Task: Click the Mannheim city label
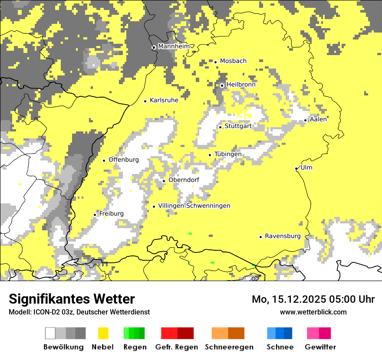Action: (174, 46)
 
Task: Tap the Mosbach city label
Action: (233, 61)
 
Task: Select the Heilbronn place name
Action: (241, 85)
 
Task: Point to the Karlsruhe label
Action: (164, 100)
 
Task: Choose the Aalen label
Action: (319, 119)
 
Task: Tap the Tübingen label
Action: (228, 154)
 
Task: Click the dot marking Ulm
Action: (296, 168)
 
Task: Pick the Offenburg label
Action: (124, 160)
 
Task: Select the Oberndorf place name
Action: (184, 180)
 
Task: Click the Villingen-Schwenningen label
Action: (194, 206)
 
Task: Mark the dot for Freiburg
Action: (95, 215)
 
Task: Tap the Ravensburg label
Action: (283, 236)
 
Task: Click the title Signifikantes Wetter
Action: (72, 299)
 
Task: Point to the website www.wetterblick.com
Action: (313, 312)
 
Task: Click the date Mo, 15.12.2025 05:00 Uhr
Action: (313, 299)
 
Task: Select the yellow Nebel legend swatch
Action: (103, 333)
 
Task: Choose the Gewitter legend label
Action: (320, 347)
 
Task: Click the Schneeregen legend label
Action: (229, 347)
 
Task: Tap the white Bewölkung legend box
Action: (50, 333)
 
